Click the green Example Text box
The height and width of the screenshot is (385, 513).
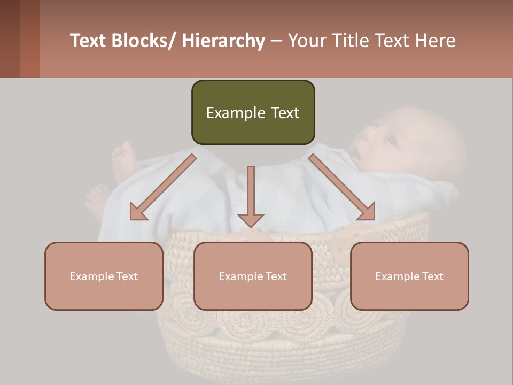pos(253,112)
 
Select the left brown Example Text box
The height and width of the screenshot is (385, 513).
pos(104,276)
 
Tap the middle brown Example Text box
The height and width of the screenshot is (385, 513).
pos(253,276)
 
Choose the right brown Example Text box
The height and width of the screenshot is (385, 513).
pos(409,276)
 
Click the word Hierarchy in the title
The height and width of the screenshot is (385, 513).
pos(223,41)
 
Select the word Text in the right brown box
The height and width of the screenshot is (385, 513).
pos(433,276)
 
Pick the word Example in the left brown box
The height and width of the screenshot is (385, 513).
pos(92,276)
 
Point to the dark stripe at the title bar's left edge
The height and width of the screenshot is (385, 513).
pos(10,38)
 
